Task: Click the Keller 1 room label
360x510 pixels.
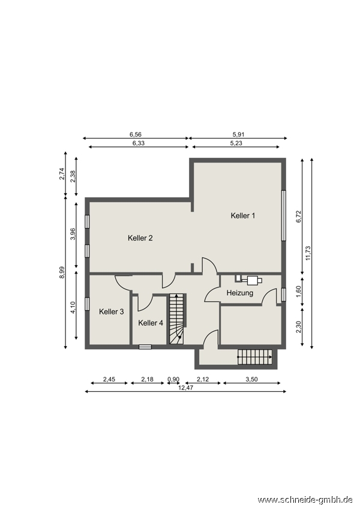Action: (242, 215)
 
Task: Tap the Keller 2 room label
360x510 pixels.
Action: (140, 238)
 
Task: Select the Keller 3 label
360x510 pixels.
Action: (111, 311)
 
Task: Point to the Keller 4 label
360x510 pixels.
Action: (151, 323)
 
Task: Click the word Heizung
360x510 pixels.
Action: (239, 293)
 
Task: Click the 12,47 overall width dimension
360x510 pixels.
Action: (185, 388)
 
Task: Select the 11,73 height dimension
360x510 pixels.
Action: (308, 253)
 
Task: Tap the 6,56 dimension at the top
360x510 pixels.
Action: (135, 134)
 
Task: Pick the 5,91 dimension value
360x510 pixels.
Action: (238, 134)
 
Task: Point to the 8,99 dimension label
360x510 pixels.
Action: (62, 272)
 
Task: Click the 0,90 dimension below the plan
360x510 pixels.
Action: (173, 379)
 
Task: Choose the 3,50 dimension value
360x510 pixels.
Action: (251, 379)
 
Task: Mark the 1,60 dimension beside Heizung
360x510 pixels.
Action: (299, 292)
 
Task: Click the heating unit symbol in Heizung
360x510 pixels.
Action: (249, 280)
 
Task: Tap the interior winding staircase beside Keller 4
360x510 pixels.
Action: (177, 319)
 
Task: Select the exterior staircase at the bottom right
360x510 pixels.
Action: (255, 357)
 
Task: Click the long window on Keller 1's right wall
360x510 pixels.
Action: (284, 215)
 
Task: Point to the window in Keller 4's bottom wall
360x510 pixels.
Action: (145, 347)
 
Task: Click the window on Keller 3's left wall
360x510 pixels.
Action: (87, 304)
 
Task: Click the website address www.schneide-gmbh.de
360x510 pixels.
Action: (305, 499)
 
